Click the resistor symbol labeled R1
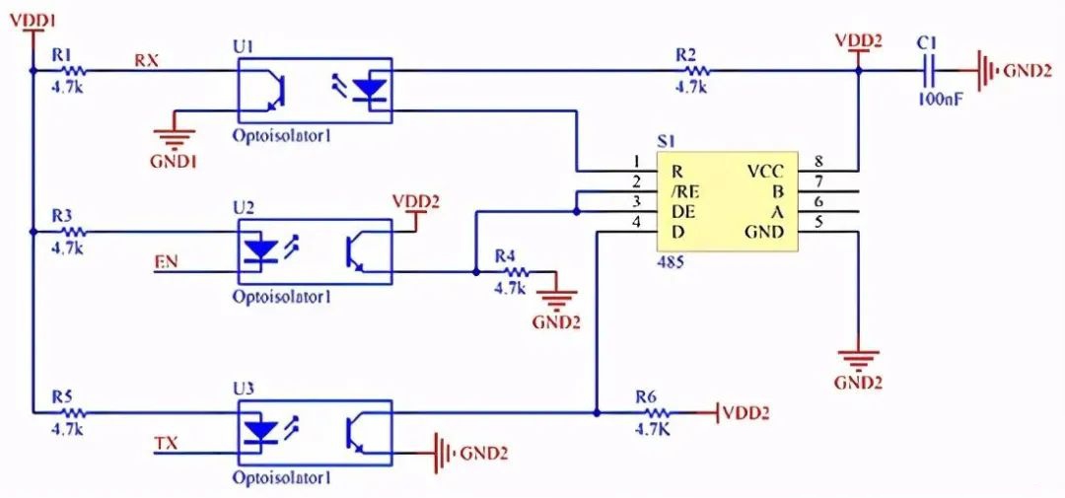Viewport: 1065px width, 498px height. [73, 70]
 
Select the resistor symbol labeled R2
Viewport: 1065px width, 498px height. [697, 70]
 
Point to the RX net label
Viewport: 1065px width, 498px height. [146, 60]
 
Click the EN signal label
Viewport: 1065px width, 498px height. [167, 261]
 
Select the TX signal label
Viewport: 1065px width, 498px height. [167, 444]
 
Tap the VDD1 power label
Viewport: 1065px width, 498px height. [33, 21]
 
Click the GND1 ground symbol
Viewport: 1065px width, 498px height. [176, 139]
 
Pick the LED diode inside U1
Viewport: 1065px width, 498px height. [371, 89]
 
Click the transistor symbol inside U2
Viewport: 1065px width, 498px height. [357, 250]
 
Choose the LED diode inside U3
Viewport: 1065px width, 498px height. [260, 430]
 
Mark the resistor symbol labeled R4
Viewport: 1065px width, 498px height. [516, 272]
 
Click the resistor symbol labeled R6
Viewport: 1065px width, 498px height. [656, 412]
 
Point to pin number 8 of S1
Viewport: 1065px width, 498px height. [818, 162]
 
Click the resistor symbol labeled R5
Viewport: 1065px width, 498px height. [73, 412]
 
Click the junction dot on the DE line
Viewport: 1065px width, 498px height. [576, 212]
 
